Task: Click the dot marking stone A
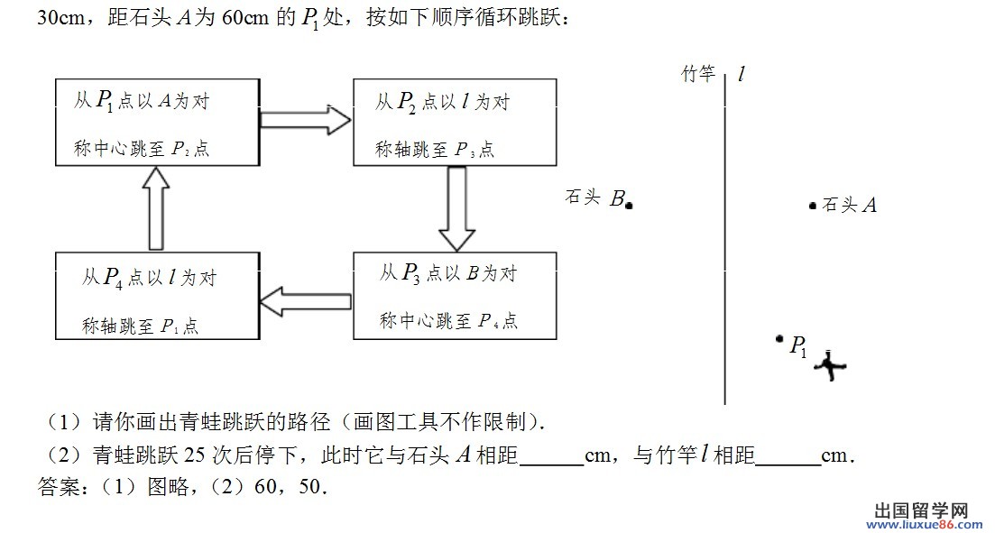(x=812, y=205)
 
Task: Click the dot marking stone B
(x=628, y=205)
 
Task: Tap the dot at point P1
(x=779, y=339)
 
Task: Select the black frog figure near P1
(x=830, y=366)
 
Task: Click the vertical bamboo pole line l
(x=724, y=238)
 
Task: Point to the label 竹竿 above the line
(x=698, y=74)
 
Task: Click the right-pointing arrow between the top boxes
(x=305, y=119)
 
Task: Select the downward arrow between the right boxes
(x=456, y=208)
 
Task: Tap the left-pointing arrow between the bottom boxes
(x=305, y=301)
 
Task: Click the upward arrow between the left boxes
(x=156, y=208)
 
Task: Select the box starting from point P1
(x=157, y=123)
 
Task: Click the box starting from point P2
(x=455, y=123)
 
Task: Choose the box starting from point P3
(x=455, y=296)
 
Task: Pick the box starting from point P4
(x=157, y=296)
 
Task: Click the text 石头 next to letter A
(x=840, y=205)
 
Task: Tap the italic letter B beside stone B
(x=617, y=198)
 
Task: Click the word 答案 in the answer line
(x=55, y=487)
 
